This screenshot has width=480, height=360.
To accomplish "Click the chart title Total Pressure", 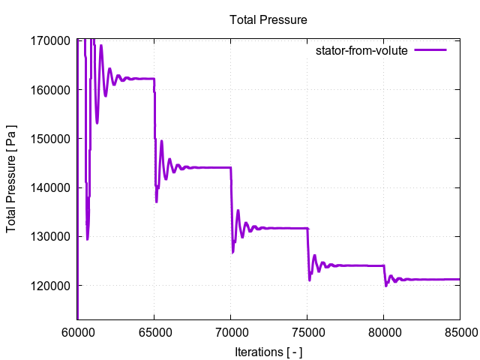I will click(x=268, y=19).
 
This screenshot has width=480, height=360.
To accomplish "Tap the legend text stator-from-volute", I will click(x=361, y=50).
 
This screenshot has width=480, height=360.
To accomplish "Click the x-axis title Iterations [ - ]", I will click(x=268, y=352).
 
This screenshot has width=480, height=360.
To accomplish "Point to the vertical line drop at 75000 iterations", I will click(x=307, y=251).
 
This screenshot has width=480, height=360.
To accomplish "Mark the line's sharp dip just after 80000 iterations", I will click(x=385, y=285).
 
